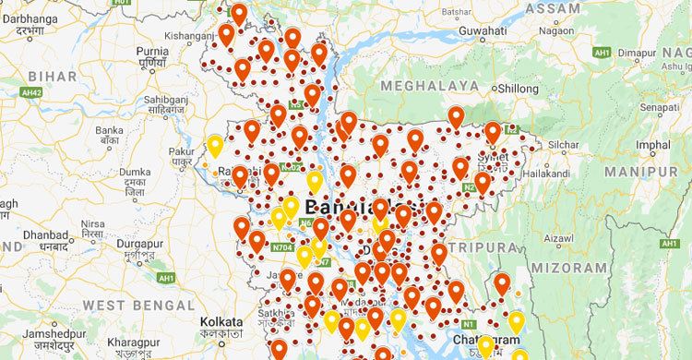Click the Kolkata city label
click(x=221, y=321)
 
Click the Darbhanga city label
click(x=29, y=16)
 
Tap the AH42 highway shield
click(x=31, y=93)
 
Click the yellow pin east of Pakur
click(x=215, y=146)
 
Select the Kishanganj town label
click(x=189, y=36)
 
